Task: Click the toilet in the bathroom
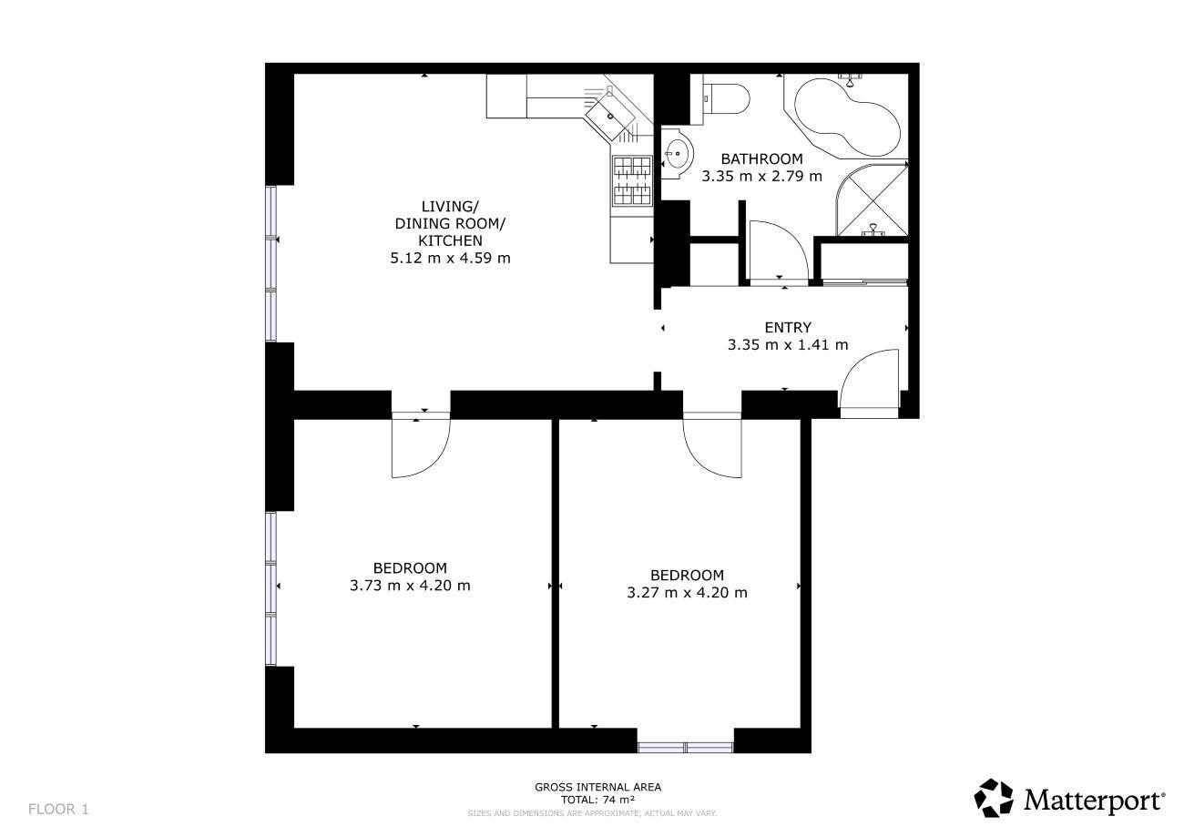pos(727,98)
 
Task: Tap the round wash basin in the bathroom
pos(677,153)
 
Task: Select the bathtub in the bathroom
pos(847,117)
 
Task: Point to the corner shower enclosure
pos(873,200)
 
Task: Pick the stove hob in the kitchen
pos(632,180)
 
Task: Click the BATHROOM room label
pos(761,158)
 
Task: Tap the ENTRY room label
pos(788,328)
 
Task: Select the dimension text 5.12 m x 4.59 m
pos(450,259)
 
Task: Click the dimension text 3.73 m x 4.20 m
pos(410,586)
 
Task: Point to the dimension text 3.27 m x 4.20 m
pos(687,592)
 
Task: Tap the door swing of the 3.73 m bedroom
pos(434,464)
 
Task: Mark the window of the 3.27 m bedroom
pos(685,747)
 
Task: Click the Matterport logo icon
pos(994,798)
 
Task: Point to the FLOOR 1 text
pos(58,809)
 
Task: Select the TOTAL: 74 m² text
pos(597,800)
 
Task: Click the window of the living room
pos(271,264)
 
